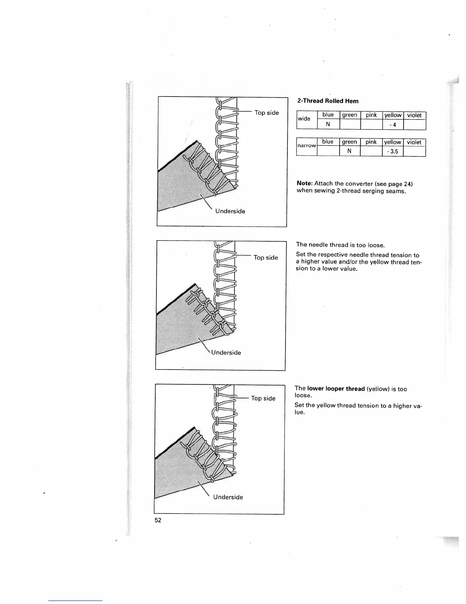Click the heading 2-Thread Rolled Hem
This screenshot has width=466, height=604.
327,101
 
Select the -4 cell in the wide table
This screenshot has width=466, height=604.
393,125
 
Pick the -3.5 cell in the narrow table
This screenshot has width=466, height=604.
393,151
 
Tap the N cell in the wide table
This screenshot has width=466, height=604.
328,124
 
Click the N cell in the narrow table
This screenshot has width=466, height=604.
349,151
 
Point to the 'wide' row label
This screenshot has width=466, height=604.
304,119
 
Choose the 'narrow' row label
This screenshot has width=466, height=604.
306,146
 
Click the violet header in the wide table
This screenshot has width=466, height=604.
414,115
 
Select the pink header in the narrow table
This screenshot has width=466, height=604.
371,142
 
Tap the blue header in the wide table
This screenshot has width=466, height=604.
328,115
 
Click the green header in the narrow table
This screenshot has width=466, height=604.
349,142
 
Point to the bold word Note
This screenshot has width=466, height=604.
304,184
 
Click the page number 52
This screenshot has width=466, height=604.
158,520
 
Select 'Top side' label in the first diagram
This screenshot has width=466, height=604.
267,113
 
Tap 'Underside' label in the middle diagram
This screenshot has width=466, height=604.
226,353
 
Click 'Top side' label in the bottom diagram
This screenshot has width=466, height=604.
263,398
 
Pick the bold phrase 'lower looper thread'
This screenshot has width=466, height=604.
336,389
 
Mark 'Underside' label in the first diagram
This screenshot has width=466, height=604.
230,211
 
